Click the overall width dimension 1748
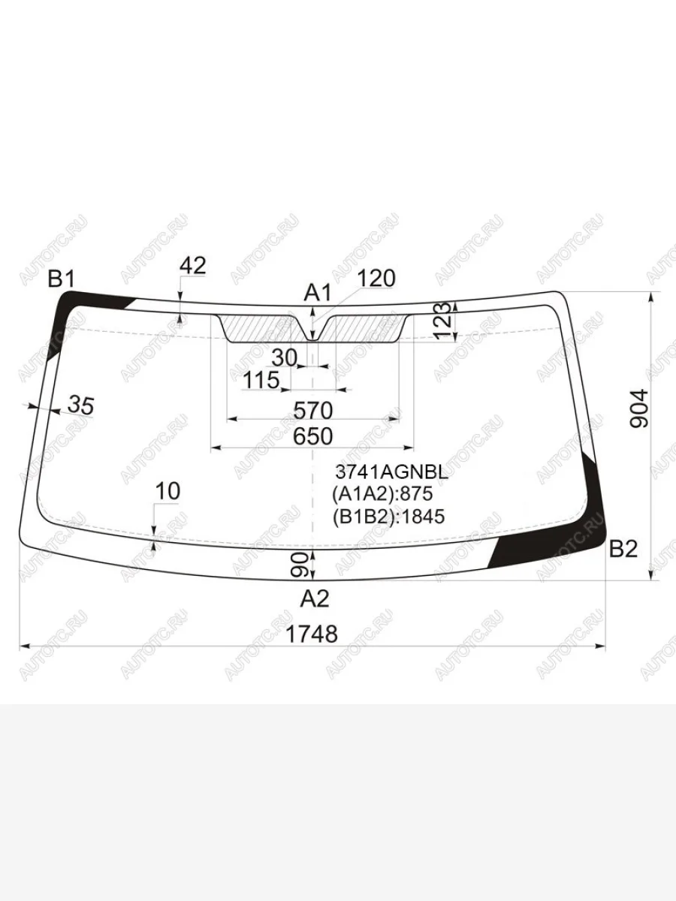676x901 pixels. click(312, 634)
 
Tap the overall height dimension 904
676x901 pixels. click(639, 408)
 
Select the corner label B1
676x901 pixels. click(62, 279)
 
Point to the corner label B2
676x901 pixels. click(623, 549)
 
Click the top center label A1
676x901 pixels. click(317, 294)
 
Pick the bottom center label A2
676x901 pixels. click(315, 599)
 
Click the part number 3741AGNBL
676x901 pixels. click(391, 473)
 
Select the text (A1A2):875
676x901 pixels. click(382, 494)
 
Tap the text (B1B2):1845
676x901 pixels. click(388, 517)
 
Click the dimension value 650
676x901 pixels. click(312, 436)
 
